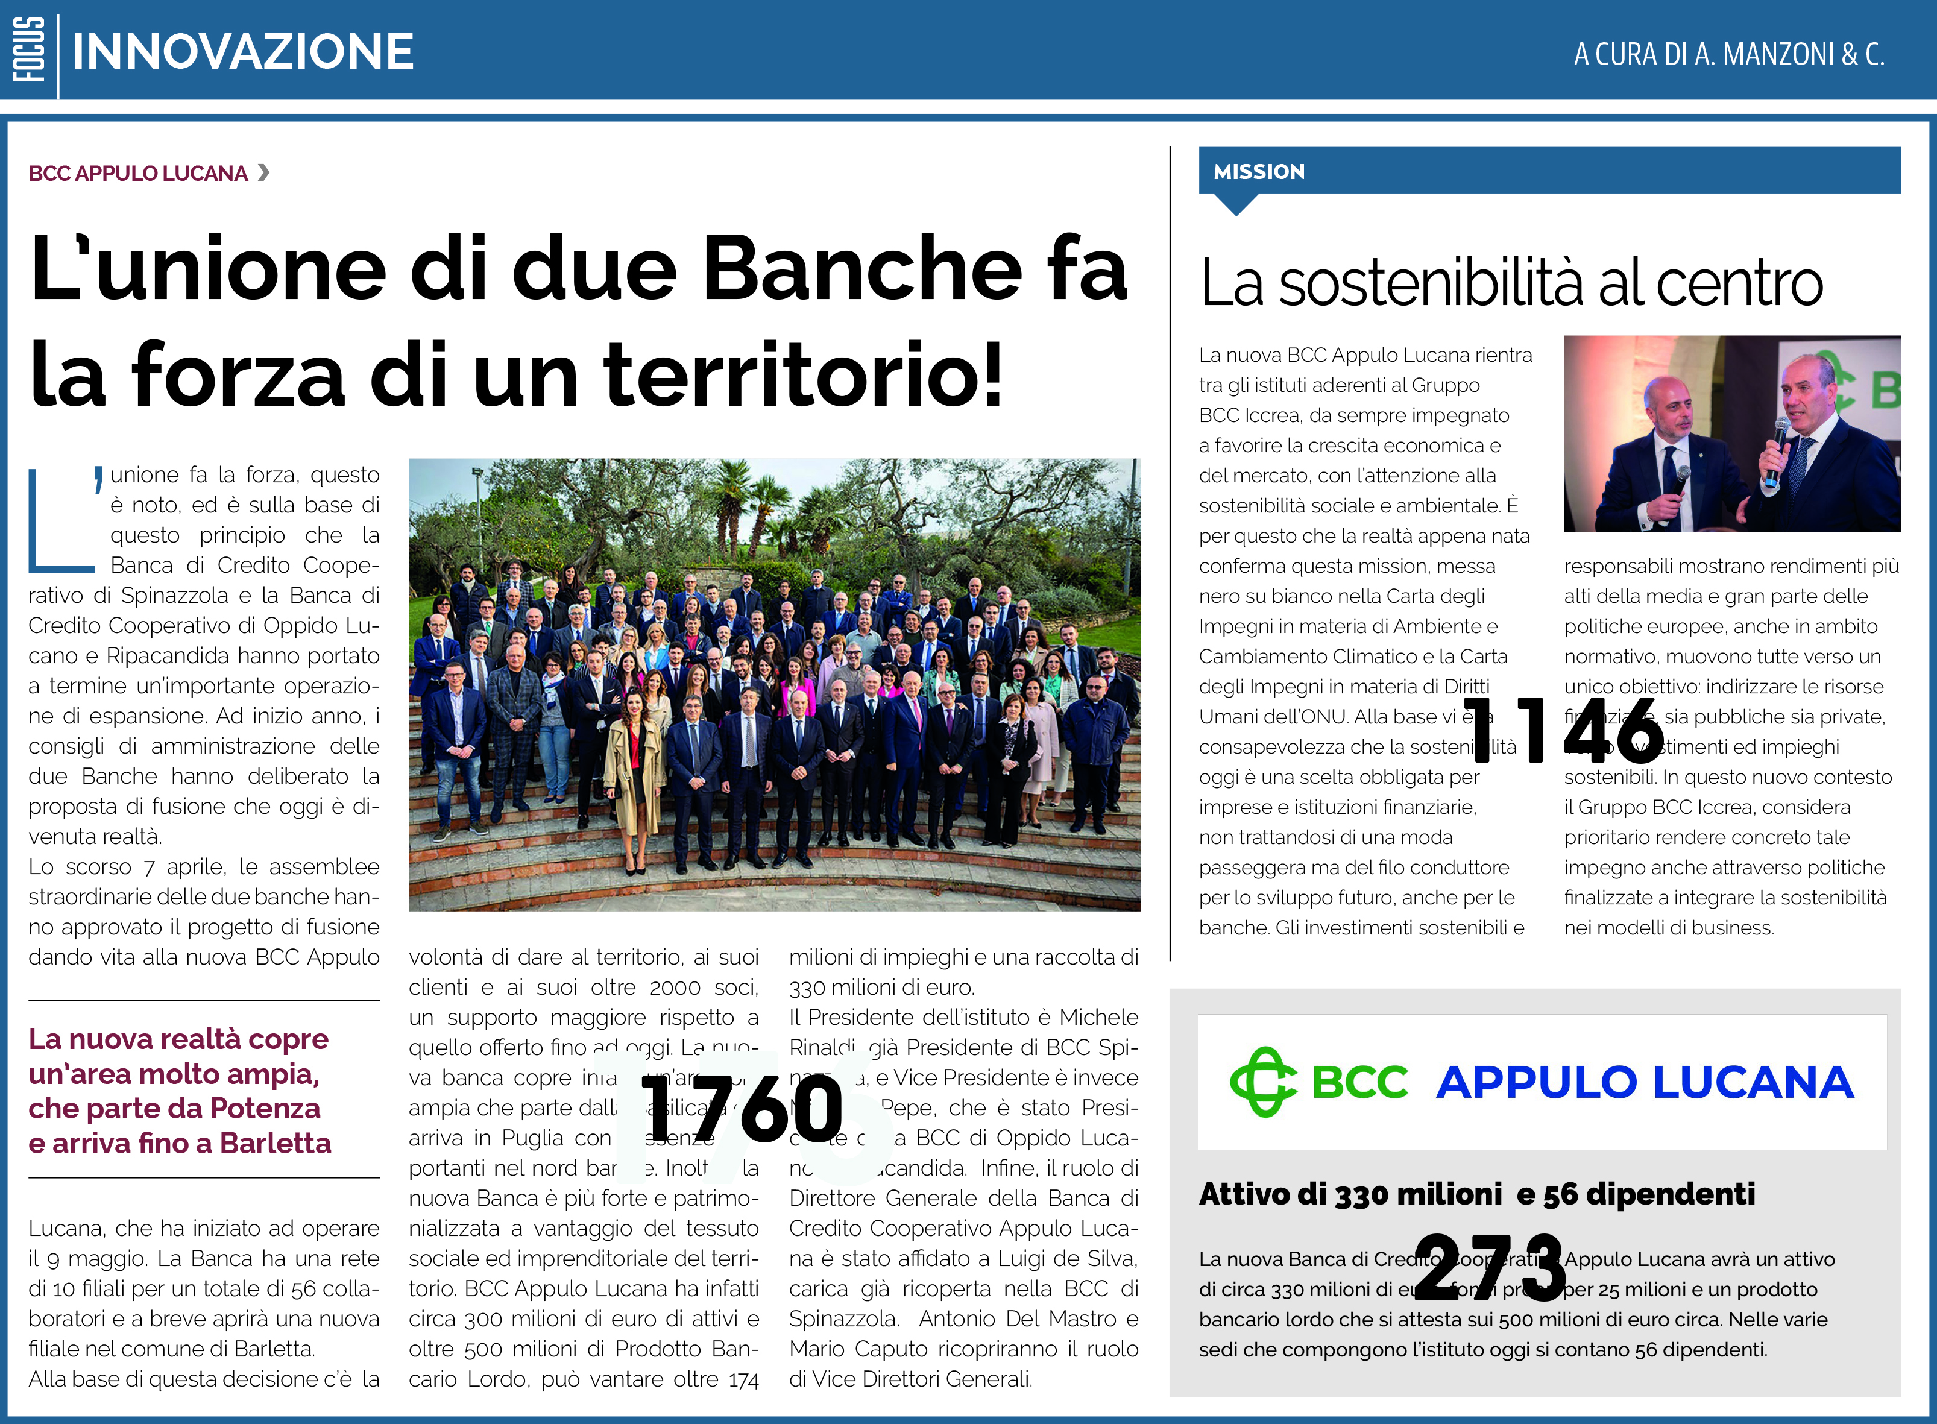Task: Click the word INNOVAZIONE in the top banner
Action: pyautogui.click(x=242, y=52)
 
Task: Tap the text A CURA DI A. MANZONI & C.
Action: pyautogui.click(x=1728, y=54)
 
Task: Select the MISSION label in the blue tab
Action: pyautogui.click(x=1259, y=172)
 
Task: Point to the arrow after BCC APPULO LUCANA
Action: pyautogui.click(x=264, y=172)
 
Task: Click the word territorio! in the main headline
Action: pyautogui.click(x=804, y=374)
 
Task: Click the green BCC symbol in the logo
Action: pyautogui.click(x=1262, y=1082)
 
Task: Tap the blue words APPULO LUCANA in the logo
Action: pyautogui.click(x=1644, y=1083)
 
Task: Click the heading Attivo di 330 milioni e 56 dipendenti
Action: pyautogui.click(x=1476, y=1194)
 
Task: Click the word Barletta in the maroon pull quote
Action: pyautogui.click(x=275, y=1143)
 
